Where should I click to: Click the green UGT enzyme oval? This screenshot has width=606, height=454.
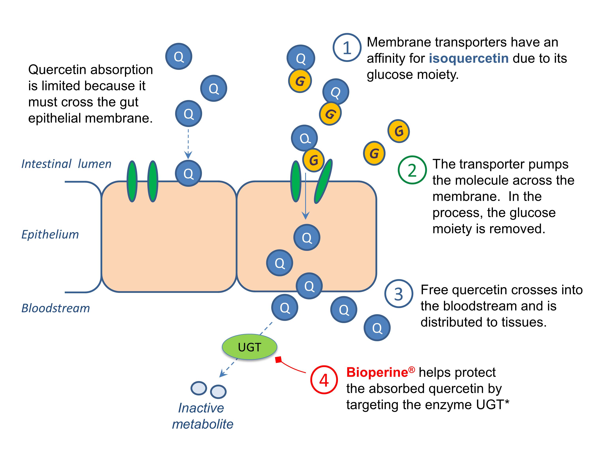(249, 347)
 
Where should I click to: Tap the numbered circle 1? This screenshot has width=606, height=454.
(347, 48)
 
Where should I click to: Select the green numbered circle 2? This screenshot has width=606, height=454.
(412, 170)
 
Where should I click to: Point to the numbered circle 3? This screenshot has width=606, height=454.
(398, 294)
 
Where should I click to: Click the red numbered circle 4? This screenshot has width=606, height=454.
(324, 380)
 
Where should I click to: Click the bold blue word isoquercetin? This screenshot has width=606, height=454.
(468, 58)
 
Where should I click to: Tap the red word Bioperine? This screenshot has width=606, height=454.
(377, 372)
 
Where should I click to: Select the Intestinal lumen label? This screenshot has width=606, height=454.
(66, 164)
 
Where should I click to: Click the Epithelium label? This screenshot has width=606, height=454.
(50, 234)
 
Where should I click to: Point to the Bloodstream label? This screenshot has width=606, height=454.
(56, 308)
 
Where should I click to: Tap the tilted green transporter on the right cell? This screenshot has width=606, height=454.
(323, 181)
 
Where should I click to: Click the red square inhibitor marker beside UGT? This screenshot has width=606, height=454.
(278, 360)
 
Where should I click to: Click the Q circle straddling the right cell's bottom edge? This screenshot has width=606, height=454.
(309, 286)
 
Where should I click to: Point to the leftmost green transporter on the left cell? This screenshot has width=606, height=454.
(132, 181)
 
